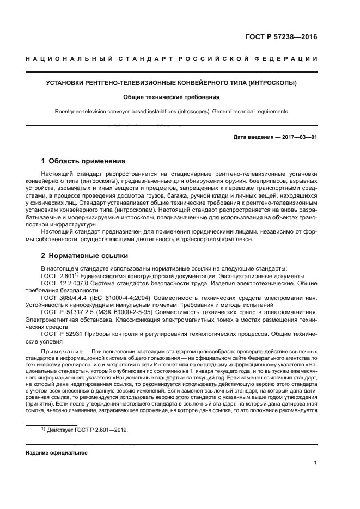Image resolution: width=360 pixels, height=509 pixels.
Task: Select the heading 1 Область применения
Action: click(x=83, y=161)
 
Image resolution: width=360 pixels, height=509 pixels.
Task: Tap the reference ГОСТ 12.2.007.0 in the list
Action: click(x=66, y=283)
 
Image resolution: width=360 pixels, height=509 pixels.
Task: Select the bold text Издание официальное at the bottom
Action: click(x=56, y=452)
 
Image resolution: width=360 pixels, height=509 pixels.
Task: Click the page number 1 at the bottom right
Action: click(x=315, y=462)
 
